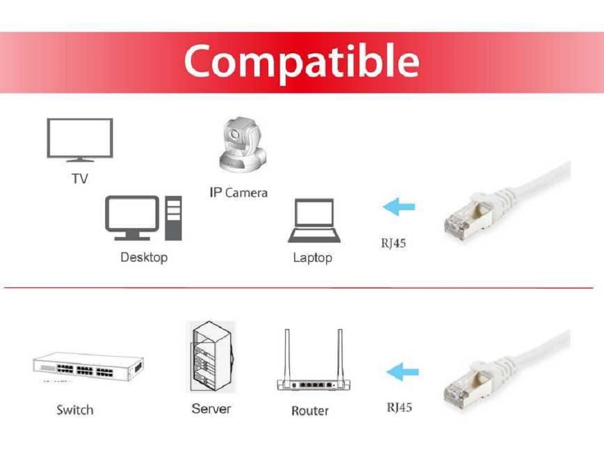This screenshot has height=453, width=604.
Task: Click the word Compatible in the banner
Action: click(x=301, y=60)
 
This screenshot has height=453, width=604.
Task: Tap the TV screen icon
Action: click(x=80, y=139)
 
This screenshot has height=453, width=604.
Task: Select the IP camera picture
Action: click(x=242, y=145)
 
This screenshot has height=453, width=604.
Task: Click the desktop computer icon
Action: click(x=143, y=218)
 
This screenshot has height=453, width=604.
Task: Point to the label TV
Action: click(x=80, y=178)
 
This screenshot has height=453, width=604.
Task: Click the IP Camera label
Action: click(x=238, y=193)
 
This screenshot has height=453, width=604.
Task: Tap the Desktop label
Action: click(x=144, y=257)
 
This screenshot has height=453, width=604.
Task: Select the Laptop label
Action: click(x=312, y=258)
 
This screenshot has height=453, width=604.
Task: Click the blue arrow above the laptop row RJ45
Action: click(x=399, y=207)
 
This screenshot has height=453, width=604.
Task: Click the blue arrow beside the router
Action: click(x=402, y=371)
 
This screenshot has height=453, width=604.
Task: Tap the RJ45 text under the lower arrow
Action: click(x=399, y=407)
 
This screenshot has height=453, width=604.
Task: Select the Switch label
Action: click(x=75, y=410)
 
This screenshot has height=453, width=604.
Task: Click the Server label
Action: click(x=211, y=409)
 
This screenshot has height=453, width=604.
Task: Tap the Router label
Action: click(x=310, y=411)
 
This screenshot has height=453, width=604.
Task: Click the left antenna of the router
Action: click(x=286, y=354)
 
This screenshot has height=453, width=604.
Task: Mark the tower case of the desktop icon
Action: click(x=173, y=218)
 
